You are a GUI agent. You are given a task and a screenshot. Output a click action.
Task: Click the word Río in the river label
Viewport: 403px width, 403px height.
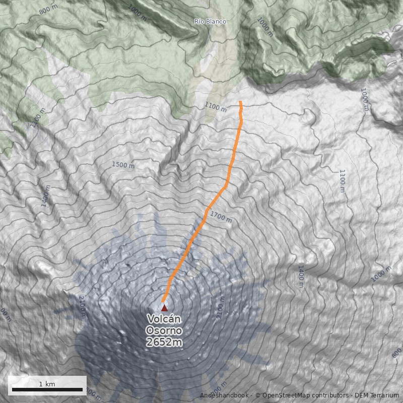(200, 22)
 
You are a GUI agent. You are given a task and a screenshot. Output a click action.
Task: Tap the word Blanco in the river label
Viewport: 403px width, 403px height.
(217, 22)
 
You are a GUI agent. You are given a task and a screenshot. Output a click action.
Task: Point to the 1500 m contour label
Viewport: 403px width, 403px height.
(123, 165)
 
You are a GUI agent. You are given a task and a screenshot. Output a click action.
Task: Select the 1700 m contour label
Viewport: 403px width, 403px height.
(221, 217)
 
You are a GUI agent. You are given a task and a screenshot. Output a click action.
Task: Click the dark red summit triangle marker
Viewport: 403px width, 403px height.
(164, 307)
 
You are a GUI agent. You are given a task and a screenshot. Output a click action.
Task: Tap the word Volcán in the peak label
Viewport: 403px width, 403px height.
(164, 319)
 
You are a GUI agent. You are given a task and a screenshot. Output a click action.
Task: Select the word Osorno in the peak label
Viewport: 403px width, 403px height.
(164, 330)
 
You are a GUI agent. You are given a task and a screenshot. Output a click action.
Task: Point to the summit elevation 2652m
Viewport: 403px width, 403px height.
(164, 342)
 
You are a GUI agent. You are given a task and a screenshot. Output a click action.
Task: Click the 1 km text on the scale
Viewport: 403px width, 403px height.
(47, 384)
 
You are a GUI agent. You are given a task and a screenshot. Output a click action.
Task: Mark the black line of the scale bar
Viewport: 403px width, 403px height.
(47, 389)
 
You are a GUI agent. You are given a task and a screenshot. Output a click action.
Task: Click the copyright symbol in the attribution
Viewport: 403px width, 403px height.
(257, 395)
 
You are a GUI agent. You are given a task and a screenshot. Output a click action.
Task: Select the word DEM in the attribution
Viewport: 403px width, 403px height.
(361, 395)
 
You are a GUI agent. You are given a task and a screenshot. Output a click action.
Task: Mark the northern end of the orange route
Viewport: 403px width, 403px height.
(240, 102)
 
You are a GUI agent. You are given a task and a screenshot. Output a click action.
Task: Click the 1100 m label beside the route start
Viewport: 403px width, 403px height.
(216, 106)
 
